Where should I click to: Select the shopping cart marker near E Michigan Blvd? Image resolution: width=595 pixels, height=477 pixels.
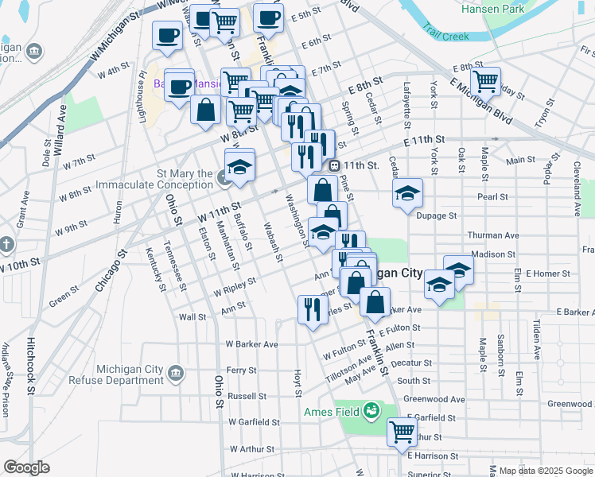(x=485, y=81)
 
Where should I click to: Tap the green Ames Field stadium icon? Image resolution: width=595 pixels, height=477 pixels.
(x=370, y=411)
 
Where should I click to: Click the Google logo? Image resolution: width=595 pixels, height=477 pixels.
(x=26, y=467)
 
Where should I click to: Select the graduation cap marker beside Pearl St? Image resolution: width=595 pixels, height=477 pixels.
(x=407, y=193)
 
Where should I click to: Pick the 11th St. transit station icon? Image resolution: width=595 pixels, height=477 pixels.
(x=335, y=165)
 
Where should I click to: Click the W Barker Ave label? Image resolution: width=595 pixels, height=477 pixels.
(x=251, y=344)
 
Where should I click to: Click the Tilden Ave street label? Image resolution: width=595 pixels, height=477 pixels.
(x=538, y=338)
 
